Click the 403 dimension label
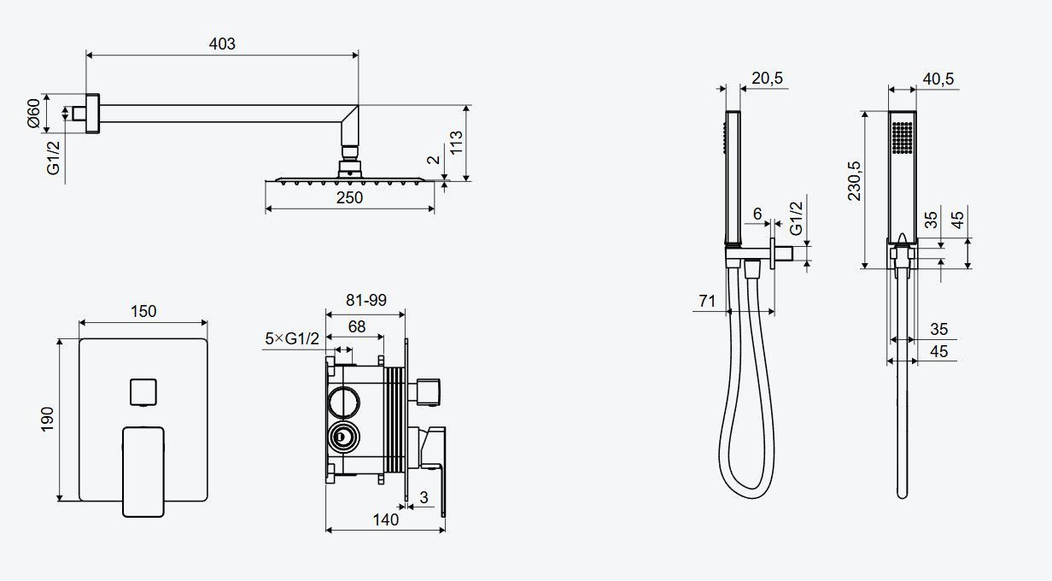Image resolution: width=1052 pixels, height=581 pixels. tap(222, 44)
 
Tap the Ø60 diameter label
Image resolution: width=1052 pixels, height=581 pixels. tap(34, 113)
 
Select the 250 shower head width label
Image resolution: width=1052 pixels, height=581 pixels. tap(349, 198)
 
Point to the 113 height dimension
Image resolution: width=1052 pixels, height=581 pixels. tap(456, 143)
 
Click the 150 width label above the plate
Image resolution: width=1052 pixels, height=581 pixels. tap(143, 311)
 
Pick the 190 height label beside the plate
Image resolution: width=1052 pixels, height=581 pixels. tap(48, 419)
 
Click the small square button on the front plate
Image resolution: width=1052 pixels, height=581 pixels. tap(143, 391)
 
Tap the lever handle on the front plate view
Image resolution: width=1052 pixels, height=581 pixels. tap(143, 472)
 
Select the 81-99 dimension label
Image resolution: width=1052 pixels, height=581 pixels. tap(365, 300)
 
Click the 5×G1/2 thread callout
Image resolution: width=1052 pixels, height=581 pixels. tap(292, 338)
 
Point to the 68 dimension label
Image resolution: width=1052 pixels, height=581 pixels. tap(356, 326)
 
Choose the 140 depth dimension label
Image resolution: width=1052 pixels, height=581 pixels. tap(386, 519)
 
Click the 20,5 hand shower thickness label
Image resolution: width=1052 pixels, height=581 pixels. tap(767, 78)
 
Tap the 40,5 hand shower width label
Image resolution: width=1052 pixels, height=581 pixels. tap(938, 79)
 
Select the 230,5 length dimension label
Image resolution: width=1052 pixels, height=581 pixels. tap(854, 181)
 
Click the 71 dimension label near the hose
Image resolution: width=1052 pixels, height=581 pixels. tap(707, 301)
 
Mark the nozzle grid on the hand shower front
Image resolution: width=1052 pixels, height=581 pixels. tap(903, 138)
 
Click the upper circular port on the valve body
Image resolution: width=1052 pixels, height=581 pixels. tap(344, 402)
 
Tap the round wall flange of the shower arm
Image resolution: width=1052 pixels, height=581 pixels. tap(92, 114)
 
